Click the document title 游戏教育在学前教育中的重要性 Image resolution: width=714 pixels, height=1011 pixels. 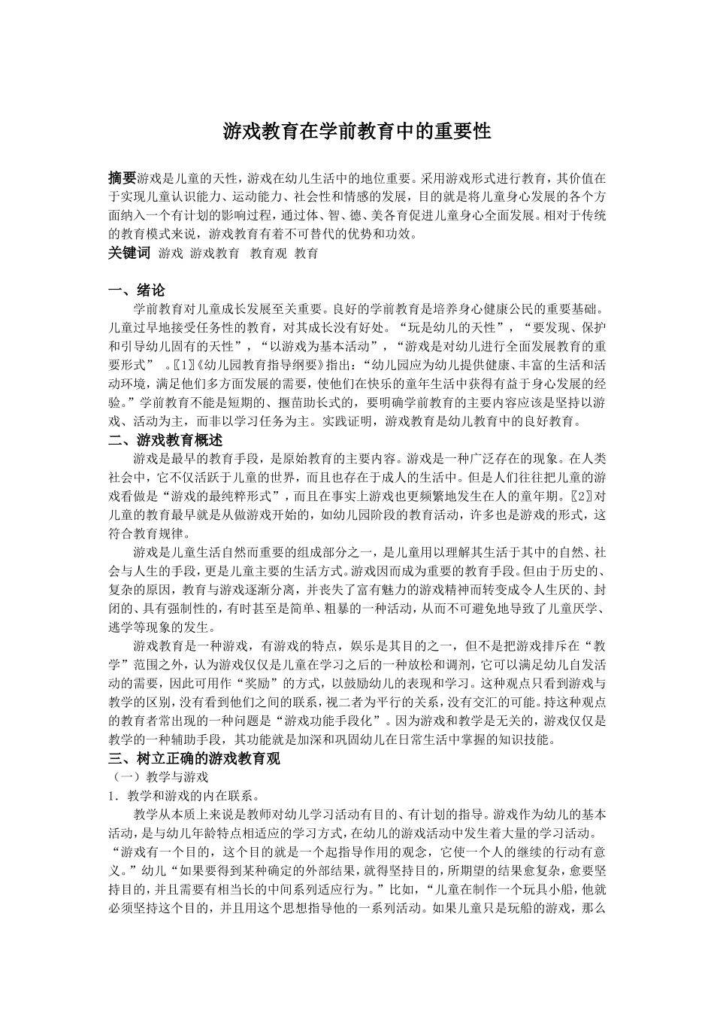pos(357,132)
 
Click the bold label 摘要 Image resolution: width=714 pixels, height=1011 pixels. pos(122,178)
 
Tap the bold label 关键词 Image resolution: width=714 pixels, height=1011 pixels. pos(129,254)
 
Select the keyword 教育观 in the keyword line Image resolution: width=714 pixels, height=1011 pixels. pos(268,254)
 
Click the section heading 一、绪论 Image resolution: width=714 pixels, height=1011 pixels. pos(137,290)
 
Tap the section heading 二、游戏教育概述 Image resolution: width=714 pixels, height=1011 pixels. pos(165,440)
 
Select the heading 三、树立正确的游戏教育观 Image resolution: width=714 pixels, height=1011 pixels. pos(194,758)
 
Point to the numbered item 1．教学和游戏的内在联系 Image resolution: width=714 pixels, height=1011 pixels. pos(184,794)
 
